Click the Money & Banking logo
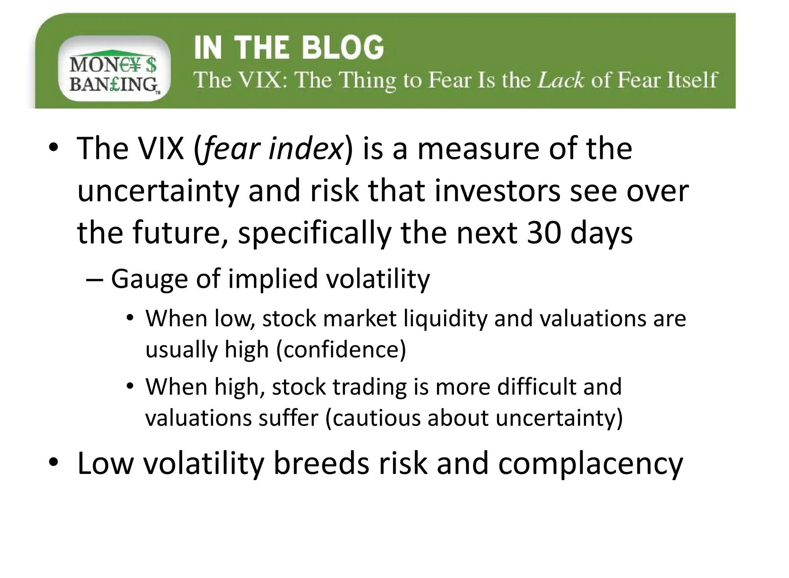click(x=114, y=69)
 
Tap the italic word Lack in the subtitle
click(x=561, y=80)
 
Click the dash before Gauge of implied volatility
click(x=94, y=279)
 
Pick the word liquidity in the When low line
click(x=445, y=319)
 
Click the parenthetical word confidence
click(x=341, y=350)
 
